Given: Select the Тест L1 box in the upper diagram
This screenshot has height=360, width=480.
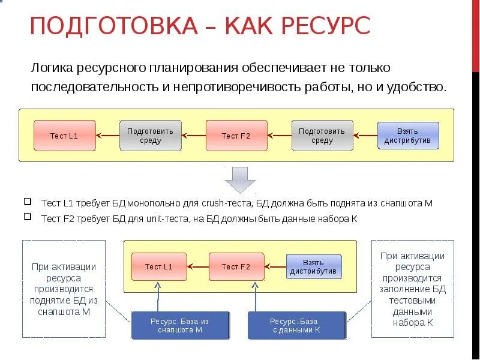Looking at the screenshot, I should [64, 136].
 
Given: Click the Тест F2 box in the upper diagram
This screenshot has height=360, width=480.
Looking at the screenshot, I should [236, 136].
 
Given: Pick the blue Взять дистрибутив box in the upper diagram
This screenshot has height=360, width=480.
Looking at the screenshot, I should [408, 136].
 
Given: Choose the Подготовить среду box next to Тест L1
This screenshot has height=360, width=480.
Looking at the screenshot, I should [150, 136].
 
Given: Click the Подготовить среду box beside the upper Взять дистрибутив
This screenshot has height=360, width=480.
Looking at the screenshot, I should [322, 136].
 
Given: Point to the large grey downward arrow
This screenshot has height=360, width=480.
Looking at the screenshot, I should [240, 179].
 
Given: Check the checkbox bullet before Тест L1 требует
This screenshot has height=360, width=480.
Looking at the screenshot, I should [28, 202].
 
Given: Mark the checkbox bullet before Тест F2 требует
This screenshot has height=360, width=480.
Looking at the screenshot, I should [28, 218].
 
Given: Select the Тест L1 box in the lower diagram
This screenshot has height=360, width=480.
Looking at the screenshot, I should [159, 267].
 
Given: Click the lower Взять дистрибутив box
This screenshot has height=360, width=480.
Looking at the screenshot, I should [313, 267].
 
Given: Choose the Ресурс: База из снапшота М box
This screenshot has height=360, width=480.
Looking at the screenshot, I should [180, 325].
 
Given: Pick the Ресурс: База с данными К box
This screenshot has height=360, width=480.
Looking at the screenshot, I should [296, 325].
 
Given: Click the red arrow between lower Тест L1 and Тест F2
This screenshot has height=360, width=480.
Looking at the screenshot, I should [197, 267].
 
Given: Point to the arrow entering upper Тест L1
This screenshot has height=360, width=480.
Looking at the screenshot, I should [107, 136].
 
